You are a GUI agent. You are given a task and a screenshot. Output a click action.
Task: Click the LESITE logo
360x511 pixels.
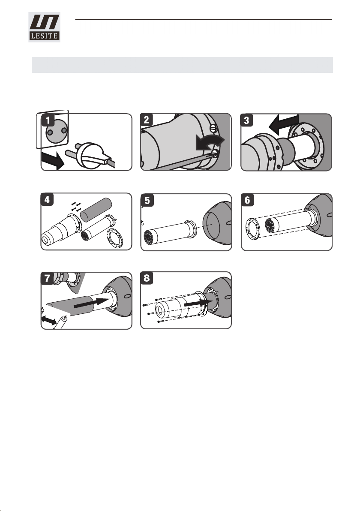[x=44, y=27]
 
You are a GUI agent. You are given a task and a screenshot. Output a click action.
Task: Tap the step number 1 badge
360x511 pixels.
[x=48, y=120]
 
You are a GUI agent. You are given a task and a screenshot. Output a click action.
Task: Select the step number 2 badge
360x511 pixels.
[x=147, y=120]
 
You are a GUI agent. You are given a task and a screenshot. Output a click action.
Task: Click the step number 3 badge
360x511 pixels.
[x=246, y=120]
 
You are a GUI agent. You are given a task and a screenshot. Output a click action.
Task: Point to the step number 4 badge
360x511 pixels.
[x=47, y=199]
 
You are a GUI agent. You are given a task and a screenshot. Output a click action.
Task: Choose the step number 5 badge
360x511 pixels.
[x=147, y=201]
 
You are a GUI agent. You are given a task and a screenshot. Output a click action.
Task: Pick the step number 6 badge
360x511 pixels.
[x=247, y=200]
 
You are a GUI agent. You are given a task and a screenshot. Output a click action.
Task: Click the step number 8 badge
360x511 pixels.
[x=147, y=278]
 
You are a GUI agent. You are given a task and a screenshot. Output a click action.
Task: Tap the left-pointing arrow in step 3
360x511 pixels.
[x=283, y=124]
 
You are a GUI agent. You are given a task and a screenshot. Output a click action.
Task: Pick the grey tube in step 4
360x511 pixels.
[x=96, y=209]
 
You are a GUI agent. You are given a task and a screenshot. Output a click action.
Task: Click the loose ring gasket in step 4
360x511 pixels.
[x=115, y=238]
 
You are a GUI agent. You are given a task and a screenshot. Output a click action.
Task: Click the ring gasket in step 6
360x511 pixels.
[x=252, y=229]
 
